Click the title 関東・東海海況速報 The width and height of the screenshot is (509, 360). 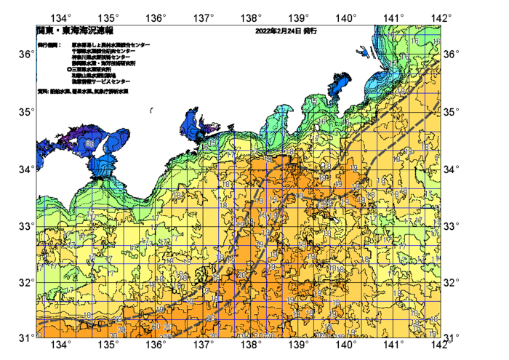[74, 31]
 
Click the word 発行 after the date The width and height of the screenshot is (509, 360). [310, 31]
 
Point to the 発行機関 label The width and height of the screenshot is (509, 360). [49, 45]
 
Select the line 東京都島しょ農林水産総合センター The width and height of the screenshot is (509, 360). [111, 45]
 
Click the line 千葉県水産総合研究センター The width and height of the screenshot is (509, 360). [104, 51]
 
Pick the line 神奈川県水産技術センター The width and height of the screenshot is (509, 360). [102, 57]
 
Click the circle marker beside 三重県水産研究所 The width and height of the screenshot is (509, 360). [69, 69]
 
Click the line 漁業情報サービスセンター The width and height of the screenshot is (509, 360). [100, 81]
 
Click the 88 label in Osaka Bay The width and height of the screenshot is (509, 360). [88, 143]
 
